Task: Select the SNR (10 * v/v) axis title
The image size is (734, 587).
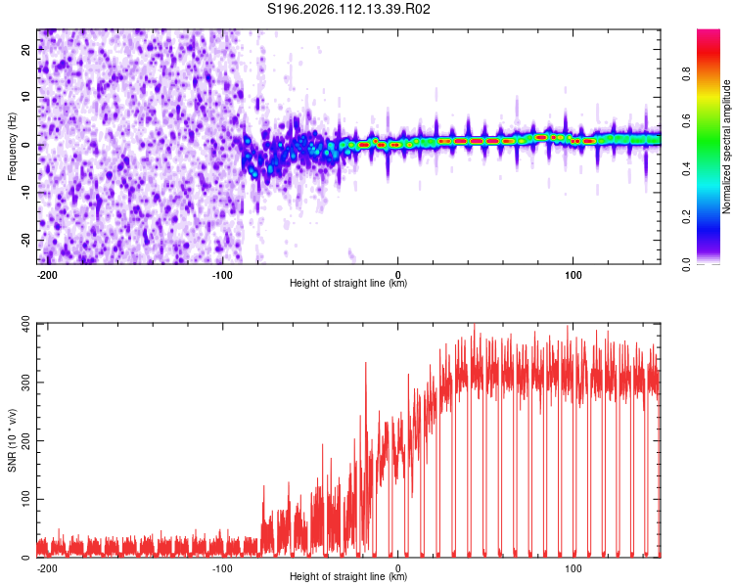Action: [12, 440]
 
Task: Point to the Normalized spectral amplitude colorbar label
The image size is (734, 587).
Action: [727, 147]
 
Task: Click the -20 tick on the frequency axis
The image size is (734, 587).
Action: [24, 240]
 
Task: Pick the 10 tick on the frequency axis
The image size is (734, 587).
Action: [26, 98]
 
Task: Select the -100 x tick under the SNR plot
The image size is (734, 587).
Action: [222, 568]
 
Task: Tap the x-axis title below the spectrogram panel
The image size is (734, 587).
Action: [348, 284]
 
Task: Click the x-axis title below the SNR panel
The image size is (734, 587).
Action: [348, 577]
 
